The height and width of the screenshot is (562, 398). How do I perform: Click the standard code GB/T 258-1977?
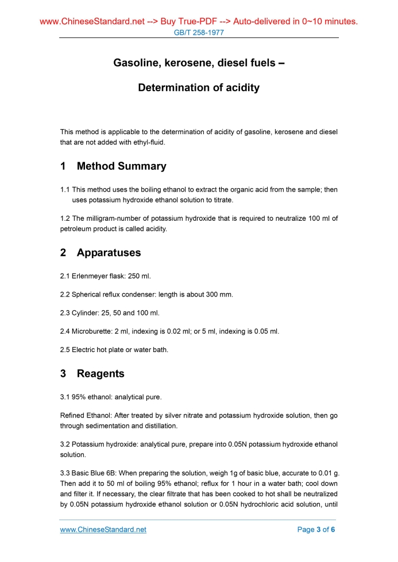point(198,33)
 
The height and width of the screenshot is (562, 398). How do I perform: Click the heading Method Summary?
point(121,166)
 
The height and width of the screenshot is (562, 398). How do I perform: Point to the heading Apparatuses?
point(109,253)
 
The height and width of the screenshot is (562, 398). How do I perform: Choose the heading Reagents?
point(101,374)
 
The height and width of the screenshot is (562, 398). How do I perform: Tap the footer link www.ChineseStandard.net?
point(103,530)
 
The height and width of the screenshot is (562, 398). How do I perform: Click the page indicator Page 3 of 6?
point(316,530)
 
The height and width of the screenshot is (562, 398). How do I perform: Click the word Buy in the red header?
point(169,22)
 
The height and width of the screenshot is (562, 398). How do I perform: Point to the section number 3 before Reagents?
point(63,374)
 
